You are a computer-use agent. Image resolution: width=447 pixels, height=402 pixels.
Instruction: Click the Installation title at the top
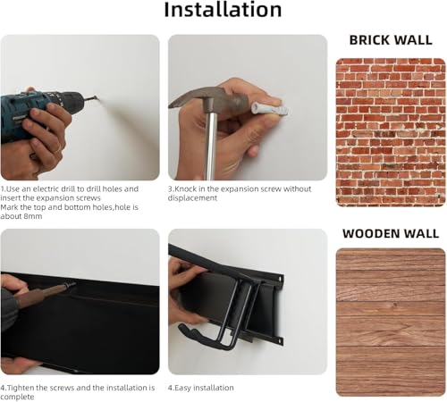click(223, 12)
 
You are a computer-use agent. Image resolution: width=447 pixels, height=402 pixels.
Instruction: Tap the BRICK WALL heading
click(390, 40)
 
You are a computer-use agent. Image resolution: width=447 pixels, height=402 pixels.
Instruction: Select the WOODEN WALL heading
click(390, 233)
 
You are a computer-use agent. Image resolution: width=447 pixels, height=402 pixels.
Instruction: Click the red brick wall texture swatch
click(390, 132)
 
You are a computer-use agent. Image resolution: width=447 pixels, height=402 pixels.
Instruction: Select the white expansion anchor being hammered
click(267, 108)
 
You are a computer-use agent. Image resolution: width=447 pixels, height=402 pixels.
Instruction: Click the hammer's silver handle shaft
click(210, 147)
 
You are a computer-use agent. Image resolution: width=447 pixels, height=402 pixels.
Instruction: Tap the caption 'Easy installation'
click(204, 388)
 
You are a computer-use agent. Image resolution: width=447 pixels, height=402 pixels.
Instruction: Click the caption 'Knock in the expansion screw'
click(237, 188)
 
